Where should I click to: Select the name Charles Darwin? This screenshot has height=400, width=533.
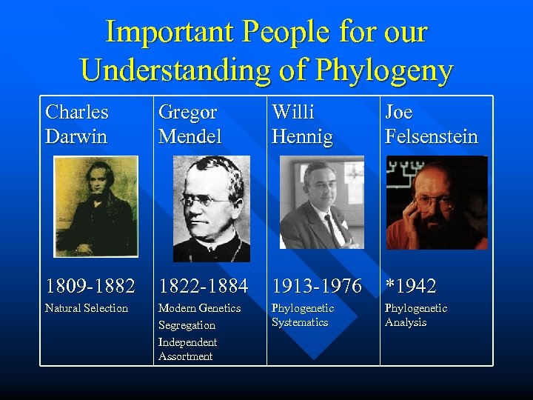pyautogui.click(x=77, y=124)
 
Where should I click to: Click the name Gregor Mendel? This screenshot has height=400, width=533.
pyautogui.click(x=190, y=124)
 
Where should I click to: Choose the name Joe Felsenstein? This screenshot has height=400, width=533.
pyautogui.click(x=431, y=124)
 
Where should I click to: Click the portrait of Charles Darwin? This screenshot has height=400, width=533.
pyautogui.click(x=95, y=206)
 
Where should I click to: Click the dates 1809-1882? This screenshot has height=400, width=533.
pyautogui.click(x=90, y=285)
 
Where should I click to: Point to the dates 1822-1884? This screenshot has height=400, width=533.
pyautogui.click(x=203, y=285)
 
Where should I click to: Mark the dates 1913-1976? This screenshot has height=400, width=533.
pyautogui.click(x=317, y=285)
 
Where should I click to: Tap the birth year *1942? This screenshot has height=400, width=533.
pyautogui.click(x=411, y=285)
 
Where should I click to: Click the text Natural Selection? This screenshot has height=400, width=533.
pyautogui.click(x=87, y=308)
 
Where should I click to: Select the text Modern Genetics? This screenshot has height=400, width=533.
pyautogui.click(x=199, y=308)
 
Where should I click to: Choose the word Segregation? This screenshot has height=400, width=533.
pyautogui.click(x=187, y=325)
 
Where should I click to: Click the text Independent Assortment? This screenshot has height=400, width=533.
pyautogui.click(x=187, y=349)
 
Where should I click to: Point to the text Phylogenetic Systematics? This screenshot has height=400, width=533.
pyautogui.click(x=303, y=315)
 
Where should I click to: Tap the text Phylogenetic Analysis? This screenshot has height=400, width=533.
pyautogui.click(x=416, y=315)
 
